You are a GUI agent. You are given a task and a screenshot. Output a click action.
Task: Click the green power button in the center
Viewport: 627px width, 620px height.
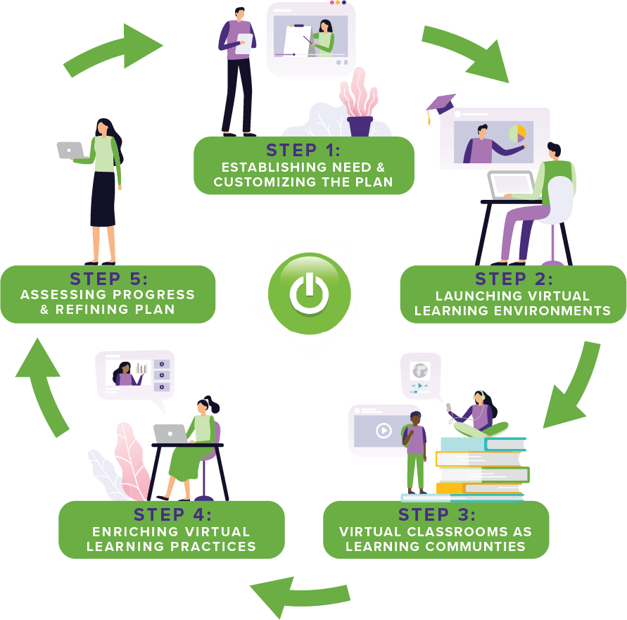click(309, 294)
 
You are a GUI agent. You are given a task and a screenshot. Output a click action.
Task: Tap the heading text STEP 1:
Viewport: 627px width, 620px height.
click(303, 150)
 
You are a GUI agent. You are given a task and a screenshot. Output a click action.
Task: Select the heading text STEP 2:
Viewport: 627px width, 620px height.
click(514, 279)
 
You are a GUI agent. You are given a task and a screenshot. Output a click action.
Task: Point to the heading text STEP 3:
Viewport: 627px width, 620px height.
click(436, 514)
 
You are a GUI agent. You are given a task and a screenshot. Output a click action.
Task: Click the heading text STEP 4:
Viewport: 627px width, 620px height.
click(172, 514)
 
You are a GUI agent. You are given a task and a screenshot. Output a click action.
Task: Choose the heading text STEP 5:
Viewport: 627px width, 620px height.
click(108, 279)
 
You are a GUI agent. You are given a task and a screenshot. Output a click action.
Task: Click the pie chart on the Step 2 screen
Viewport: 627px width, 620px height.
click(517, 133)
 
